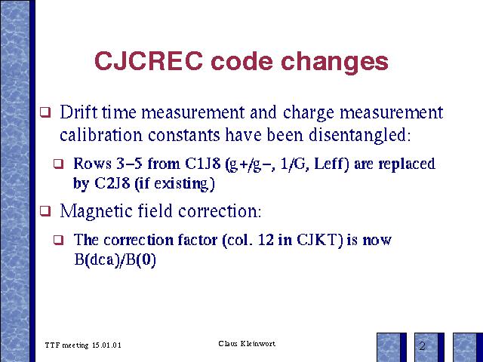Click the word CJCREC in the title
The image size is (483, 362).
click(x=149, y=60)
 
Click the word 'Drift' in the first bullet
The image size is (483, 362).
click(x=78, y=112)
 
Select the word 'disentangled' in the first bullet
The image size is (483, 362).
click(x=360, y=136)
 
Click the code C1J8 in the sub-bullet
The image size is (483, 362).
click(x=203, y=164)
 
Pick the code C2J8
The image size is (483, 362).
click(x=112, y=183)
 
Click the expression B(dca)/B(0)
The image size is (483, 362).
click(x=115, y=260)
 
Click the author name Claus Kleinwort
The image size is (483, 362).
click(x=247, y=344)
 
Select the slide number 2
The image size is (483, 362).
click(x=422, y=346)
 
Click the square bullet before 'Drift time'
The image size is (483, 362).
click(x=45, y=112)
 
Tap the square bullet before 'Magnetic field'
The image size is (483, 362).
click(x=45, y=211)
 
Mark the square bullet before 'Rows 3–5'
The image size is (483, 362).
click(x=59, y=164)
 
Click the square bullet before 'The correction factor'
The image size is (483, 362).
click(x=59, y=240)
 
